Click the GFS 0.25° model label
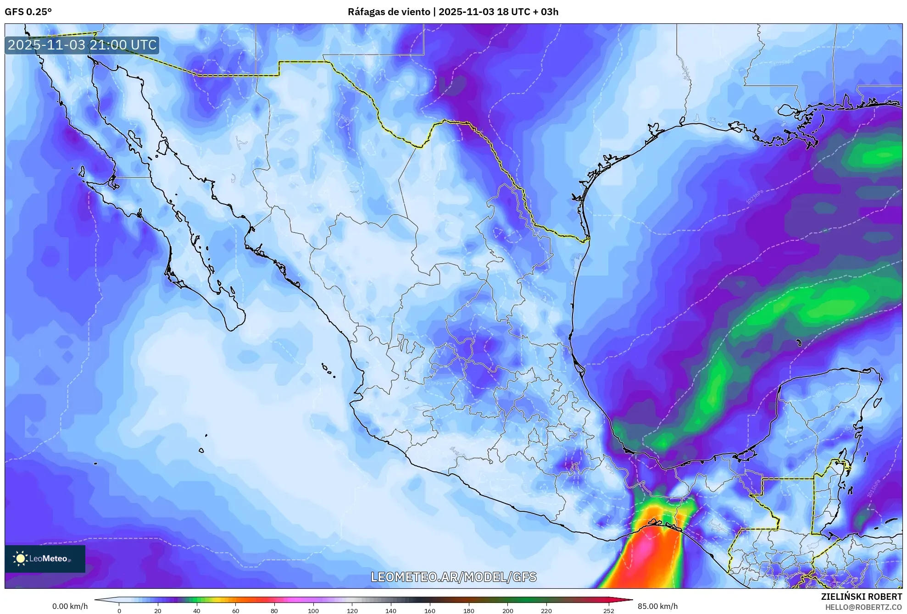28,12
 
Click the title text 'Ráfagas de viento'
389,12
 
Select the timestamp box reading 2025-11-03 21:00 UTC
82,45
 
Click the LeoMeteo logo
45,559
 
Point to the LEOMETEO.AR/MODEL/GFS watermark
453,577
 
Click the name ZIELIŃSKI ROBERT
861,597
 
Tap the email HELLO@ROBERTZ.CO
863,607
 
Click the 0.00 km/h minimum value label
70,606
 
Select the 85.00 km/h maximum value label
657,606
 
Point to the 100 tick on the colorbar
313,610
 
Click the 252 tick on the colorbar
608,610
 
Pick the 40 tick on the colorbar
197,610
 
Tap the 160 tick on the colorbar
430,610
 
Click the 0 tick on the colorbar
119,610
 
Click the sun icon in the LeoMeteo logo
20,559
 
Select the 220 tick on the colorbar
546,610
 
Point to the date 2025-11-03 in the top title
466,12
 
